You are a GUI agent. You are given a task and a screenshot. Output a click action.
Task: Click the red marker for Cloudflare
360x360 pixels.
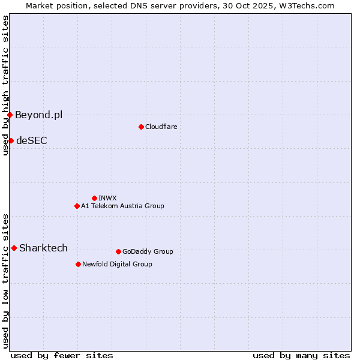point(141,127)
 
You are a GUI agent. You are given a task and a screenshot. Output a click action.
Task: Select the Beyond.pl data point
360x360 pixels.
point(10,115)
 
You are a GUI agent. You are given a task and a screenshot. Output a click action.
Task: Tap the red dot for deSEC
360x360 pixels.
point(11,140)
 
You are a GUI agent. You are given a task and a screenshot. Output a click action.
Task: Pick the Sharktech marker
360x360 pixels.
point(14,248)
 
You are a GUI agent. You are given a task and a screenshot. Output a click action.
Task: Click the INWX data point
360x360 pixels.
point(94,198)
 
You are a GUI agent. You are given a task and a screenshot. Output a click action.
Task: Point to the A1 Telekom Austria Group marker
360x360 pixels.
point(77,206)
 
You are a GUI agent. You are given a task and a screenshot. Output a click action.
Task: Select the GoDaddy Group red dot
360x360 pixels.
point(118,251)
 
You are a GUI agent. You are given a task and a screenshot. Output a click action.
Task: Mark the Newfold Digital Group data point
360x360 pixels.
point(78,264)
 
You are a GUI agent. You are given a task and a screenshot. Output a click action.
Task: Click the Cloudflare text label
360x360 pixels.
point(161,127)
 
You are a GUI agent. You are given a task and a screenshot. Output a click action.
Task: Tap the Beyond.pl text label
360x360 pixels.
point(38,115)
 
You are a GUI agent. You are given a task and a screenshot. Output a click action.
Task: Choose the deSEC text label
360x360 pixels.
point(31,140)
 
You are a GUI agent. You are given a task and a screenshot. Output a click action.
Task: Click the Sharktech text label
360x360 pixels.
point(43,248)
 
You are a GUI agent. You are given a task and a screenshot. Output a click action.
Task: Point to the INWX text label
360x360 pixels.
point(107,198)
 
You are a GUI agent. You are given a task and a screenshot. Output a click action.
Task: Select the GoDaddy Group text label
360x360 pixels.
point(147,251)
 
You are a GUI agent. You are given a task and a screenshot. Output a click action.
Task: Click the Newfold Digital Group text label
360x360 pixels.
point(117,264)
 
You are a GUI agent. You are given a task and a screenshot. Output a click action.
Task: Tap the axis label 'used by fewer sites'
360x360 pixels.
point(62,355)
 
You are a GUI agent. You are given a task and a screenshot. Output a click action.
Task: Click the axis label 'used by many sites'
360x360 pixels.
point(301,355)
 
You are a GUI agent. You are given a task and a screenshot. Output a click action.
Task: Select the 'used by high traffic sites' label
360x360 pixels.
point(5,85)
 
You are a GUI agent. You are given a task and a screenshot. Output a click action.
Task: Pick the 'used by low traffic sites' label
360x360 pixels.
point(5,280)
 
